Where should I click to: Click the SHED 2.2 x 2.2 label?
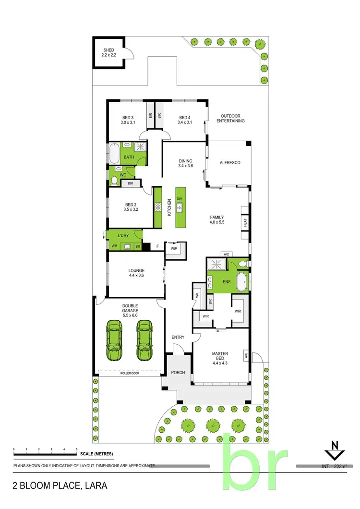point(109,52)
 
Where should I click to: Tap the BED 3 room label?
point(128,120)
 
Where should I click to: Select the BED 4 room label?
point(185,120)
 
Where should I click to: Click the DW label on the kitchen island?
point(179,199)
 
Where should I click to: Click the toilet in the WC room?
point(114,180)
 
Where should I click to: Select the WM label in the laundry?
point(114,246)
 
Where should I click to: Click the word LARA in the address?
point(95,485)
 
